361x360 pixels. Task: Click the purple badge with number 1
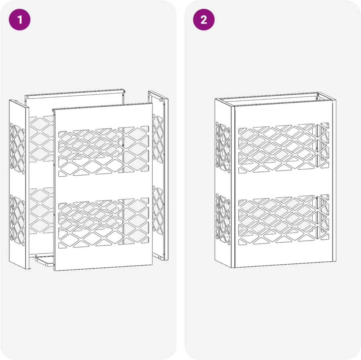tap(19, 19)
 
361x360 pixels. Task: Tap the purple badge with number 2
tap(204, 19)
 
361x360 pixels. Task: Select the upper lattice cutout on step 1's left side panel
tap(17, 148)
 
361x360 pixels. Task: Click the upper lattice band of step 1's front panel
tap(104, 151)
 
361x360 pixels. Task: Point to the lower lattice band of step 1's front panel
tap(104, 223)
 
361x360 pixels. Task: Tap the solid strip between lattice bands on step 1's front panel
tap(104, 187)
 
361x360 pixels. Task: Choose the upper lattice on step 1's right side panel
tap(158, 138)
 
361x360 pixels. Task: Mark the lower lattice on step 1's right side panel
tap(158, 210)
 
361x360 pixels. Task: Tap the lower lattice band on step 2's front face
tap(284, 220)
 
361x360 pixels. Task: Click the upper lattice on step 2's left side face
tap(223, 147)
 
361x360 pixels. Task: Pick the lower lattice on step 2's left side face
tap(223, 219)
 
